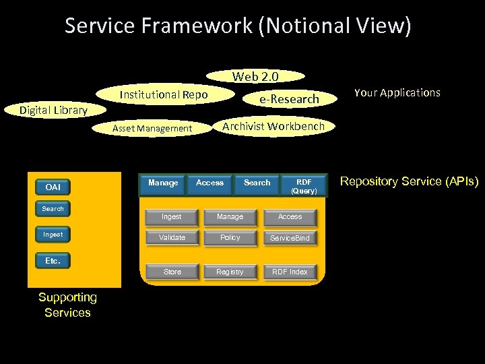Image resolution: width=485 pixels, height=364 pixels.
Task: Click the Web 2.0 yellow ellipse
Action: (255, 76)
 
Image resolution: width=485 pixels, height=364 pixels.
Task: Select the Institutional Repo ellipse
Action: (164, 95)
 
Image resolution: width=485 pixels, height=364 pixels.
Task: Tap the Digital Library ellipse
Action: (53, 110)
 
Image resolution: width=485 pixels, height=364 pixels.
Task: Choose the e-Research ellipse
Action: (290, 99)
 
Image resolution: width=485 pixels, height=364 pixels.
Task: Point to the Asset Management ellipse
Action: (152, 128)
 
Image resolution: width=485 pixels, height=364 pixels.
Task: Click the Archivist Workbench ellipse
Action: (273, 126)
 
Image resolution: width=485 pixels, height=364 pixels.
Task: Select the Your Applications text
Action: (397, 92)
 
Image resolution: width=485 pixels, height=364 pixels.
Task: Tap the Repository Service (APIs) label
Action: (409, 181)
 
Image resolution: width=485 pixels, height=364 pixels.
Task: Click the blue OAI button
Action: (53, 187)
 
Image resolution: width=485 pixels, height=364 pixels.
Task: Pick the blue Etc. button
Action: (53, 261)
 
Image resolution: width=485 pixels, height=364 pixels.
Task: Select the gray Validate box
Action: (172, 238)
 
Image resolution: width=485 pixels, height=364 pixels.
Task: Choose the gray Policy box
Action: (230, 238)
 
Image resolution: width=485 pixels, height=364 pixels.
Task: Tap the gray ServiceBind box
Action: (290, 238)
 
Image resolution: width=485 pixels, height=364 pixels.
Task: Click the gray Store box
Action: (172, 272)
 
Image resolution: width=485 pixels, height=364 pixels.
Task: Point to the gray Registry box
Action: (230, 272)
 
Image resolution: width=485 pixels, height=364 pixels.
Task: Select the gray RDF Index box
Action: (290, 272)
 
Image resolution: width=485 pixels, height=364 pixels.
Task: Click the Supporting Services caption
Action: (67, 305)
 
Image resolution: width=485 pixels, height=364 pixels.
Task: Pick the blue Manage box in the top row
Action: (163, 183)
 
